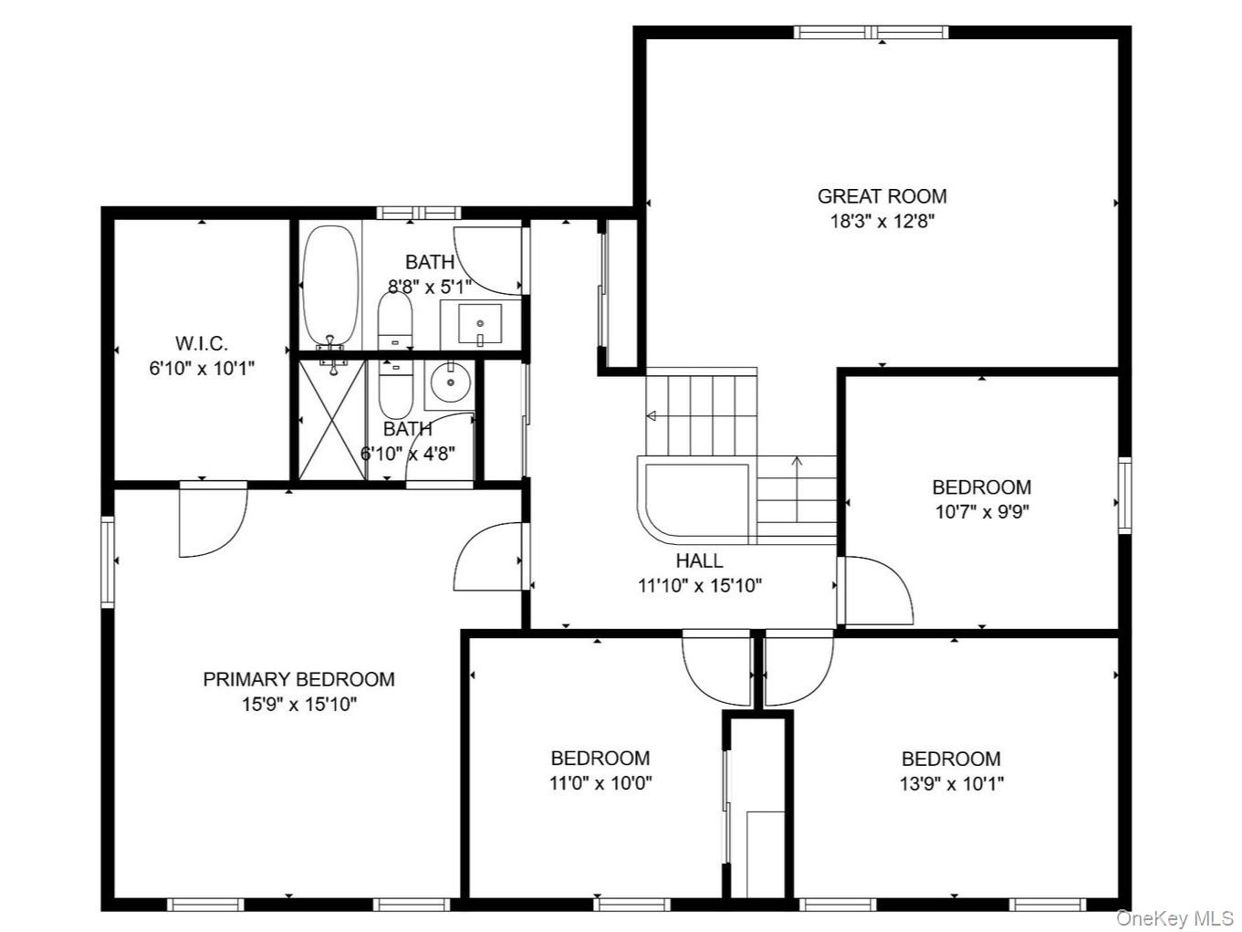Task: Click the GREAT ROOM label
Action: point(882,196)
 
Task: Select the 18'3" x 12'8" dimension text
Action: point(882,221)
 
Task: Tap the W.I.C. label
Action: point(202,344)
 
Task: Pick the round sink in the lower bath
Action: point(449,383)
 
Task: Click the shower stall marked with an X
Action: point(332,418)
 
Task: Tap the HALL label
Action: point(699,561)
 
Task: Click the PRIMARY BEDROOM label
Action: point(298,679)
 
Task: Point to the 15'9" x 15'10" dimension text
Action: point(298,704)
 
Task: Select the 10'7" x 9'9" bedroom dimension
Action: point(982,512)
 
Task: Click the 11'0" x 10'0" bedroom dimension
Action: point(600,783)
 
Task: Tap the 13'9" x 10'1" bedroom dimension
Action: point(951,783)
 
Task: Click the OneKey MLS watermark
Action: point(1174,917)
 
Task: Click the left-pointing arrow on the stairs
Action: point(652,416)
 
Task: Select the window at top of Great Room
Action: point(871,33)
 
